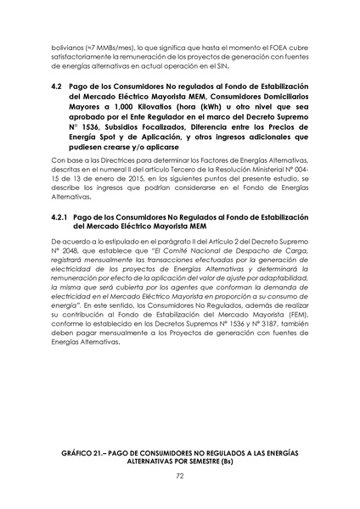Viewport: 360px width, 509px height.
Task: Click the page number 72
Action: click(180, 477)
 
